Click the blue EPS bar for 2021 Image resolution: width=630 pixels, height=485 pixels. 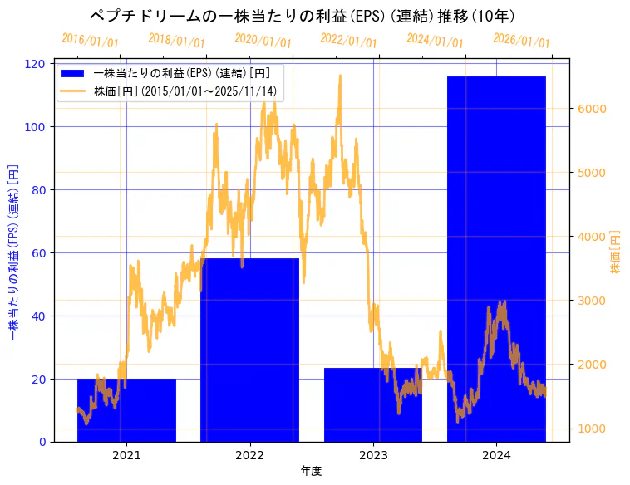click(126, 410)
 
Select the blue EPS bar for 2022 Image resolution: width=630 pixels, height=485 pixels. click(249, 350)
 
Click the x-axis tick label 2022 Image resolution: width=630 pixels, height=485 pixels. click(249, 455)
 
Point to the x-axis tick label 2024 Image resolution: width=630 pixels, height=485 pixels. click(496, 455)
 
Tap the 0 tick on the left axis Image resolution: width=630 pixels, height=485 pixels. click(43, 442)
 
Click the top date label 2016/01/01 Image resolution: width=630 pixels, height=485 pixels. click(91, 40)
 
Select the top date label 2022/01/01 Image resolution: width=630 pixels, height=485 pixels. click(349, 40)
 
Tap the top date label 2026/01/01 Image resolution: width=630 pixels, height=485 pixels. click(522, 40)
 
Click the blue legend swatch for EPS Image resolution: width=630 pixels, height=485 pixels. click(73, 73)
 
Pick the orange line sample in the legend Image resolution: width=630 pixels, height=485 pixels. click(73, 91)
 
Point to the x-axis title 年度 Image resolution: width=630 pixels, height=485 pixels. click(311, 471)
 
